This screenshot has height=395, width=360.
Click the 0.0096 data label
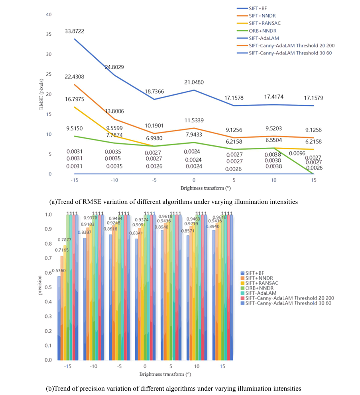click(x=297, y=153)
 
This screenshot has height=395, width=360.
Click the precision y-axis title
click(x=39, y=287)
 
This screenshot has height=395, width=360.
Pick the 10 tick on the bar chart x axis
click(x=197, y=366)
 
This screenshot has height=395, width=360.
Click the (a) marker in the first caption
click(x=53, y=202)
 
